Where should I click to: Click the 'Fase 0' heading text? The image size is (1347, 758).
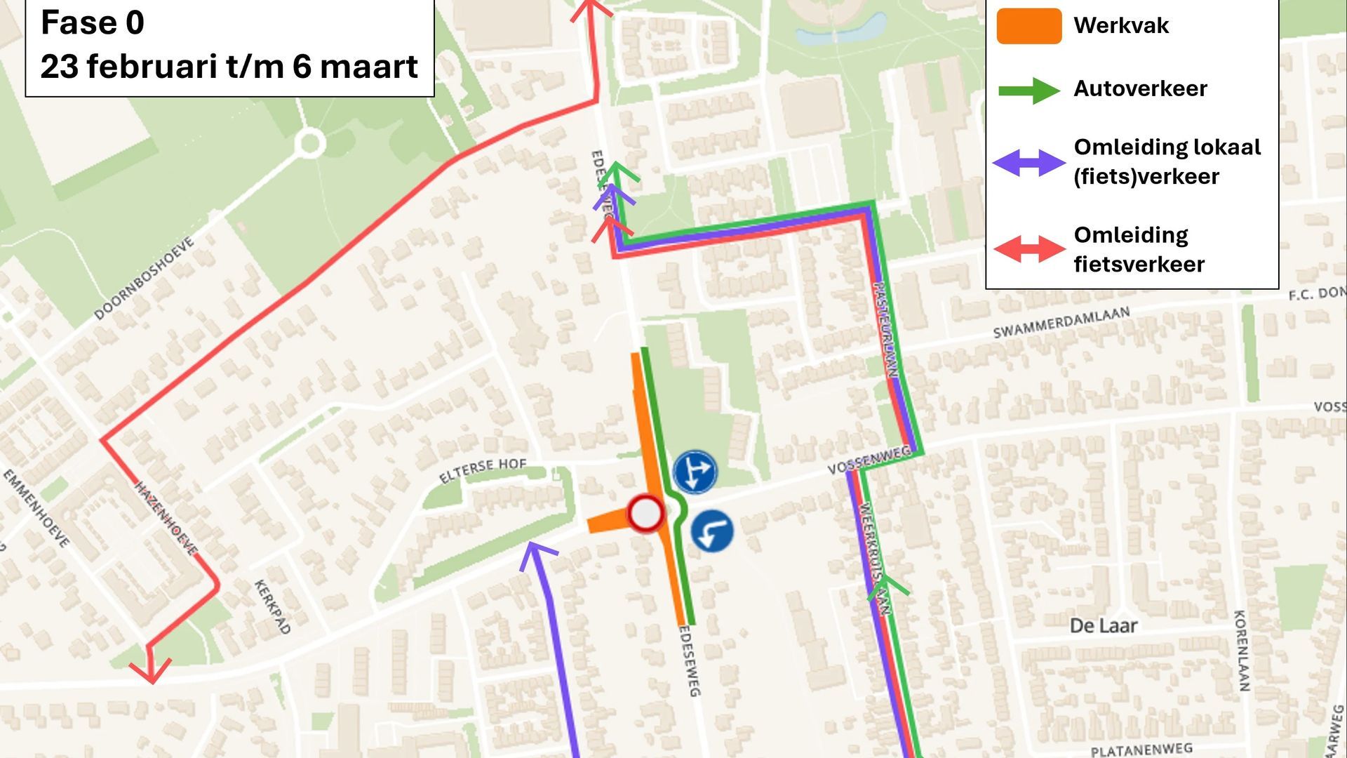click(93, 22)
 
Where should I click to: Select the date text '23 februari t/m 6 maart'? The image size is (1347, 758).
click(229, 67)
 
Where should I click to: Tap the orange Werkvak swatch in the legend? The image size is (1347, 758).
click(1028, 27)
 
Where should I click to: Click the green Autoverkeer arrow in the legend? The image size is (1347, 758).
click(1029, 90)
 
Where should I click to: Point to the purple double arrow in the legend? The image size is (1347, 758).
click(1029, 163)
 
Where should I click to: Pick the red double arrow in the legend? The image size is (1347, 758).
click(1029, 249)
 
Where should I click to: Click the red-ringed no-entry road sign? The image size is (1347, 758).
click(645, 514)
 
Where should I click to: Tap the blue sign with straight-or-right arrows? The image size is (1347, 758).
click(695, 472)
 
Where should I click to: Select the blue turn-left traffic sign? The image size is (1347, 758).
click(712, 531)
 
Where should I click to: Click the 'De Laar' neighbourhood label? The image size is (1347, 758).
click(1103, 625)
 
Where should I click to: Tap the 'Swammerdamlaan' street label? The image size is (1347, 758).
click(1061, 322)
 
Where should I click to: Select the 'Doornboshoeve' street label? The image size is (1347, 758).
click(144, 279)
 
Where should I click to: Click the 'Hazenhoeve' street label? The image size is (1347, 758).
click(166, 518)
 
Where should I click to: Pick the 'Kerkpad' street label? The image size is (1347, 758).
click(272, 607)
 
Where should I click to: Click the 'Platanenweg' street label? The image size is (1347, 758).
click(1141, 750)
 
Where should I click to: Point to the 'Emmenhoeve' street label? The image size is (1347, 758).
click(36, 508)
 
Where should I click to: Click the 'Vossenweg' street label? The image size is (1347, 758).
click(868, 460)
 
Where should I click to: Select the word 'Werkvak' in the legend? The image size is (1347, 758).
click(1120, 26)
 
